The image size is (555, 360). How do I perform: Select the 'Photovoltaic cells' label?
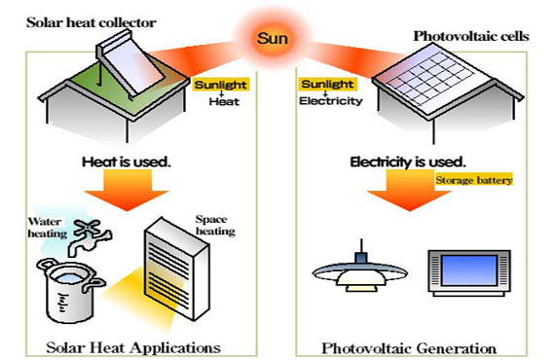462,36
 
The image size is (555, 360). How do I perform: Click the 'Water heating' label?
45,228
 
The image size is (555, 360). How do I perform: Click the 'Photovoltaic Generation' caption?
410,346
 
